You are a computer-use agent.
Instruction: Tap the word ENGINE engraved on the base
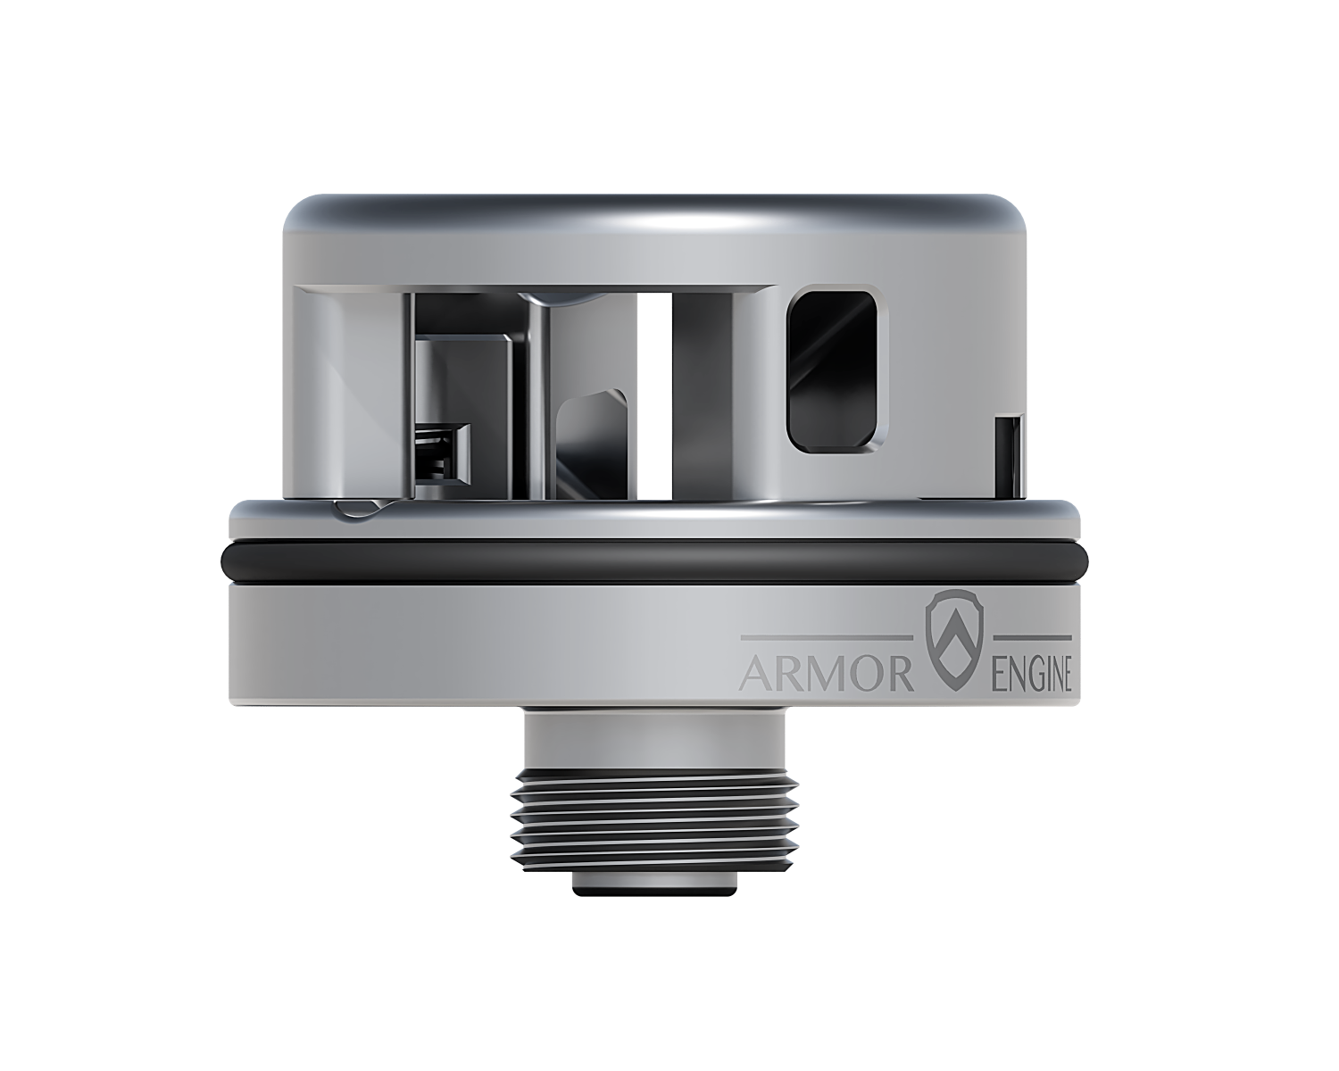point(1032,676)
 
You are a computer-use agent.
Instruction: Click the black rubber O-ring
point(656,561)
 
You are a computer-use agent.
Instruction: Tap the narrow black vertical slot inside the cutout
point(659,393)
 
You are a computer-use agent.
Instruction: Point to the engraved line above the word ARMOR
point(827,637)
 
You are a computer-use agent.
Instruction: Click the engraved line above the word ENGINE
point(1032,637)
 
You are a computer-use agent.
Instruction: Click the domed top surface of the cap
point(656,214)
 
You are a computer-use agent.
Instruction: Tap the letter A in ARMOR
point(757,676)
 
